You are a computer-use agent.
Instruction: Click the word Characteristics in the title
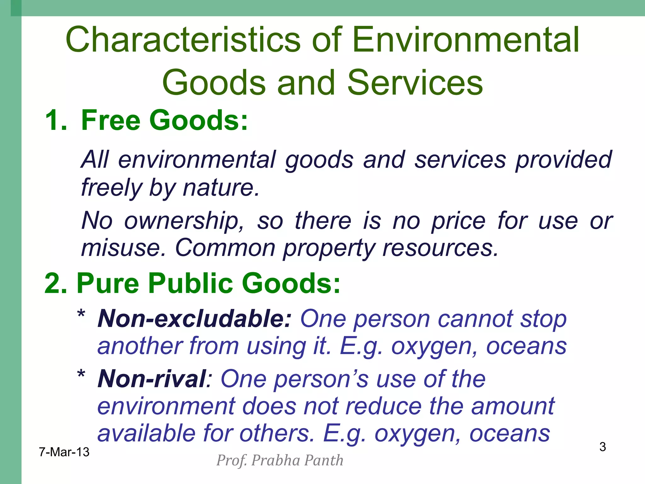[x=183, y=40]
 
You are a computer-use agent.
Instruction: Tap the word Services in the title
[x=415, y=83]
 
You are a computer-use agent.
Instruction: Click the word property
[x=328, y=248]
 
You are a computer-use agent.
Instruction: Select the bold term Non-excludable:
[x=194, y=319]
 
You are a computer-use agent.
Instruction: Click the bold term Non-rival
[x=152, y=379]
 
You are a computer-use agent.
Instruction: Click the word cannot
[x=475, y=319]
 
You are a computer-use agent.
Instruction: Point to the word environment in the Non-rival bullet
[x=166, y=406]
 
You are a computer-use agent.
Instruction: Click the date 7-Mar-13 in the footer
[x=64, y=452]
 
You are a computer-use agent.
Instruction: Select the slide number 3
[x=602, y=447]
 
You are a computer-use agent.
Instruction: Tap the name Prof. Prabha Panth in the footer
[x=280, y=461]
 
